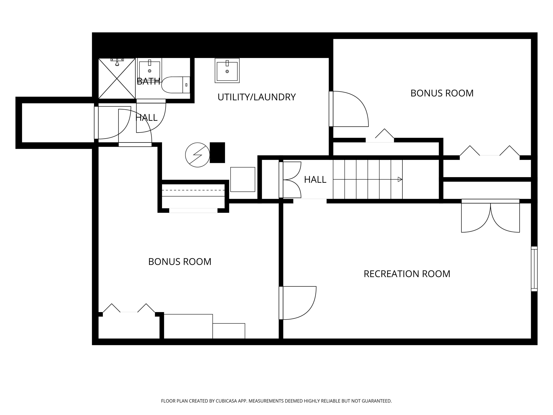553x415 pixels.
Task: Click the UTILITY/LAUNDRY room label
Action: point(257,97)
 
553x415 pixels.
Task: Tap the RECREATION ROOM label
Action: point(407,274)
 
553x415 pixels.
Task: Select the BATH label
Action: point(149,81)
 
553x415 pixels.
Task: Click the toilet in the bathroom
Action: point(176,85)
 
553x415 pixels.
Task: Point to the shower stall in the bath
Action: point(117,79)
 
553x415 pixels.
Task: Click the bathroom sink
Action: point(149,70)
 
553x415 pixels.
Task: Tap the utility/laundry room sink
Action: point(227,70)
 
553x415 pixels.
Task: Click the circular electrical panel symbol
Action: point(197,155)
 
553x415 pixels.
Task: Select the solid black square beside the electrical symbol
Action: point(217,153)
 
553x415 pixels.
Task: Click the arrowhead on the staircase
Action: point(400,179)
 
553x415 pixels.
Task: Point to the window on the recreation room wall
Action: point(534,269)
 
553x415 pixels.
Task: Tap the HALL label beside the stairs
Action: point(315,180)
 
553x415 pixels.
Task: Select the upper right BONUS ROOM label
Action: point(442,93)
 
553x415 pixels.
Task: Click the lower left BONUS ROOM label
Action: point(180,262)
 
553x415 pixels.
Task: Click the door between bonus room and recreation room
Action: point(298,303)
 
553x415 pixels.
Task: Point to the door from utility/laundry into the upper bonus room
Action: point(349,109)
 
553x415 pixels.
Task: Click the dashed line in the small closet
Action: point(193,190)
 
